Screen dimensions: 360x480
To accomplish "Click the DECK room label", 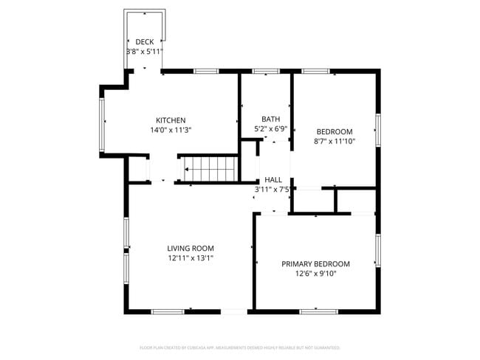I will point(144,42).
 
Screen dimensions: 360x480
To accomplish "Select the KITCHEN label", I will point(170,120).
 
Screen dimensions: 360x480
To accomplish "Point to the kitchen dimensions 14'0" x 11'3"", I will point(170,130).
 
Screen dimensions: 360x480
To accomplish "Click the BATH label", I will point(270,119).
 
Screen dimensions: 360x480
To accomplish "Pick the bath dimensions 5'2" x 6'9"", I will point(270,128).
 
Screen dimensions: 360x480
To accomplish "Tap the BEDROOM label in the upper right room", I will point(335,131).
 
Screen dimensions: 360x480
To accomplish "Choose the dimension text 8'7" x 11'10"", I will point(335,141).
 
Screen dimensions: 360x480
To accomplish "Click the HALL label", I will point(273,179).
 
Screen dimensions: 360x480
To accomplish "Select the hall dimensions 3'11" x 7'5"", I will point(273,190).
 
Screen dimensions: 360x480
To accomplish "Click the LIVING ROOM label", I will point(190,249).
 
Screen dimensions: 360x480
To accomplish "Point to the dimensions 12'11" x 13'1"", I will point(190,258).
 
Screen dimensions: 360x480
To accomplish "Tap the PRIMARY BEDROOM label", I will point(315,263).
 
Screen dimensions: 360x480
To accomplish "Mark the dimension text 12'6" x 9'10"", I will point(315,274).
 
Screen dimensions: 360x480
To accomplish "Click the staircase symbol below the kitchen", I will point(210,168).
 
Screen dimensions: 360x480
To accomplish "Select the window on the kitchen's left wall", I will point(103,121).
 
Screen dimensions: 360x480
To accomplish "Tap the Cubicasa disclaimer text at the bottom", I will point(240,347).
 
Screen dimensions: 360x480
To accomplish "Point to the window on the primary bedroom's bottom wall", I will point(318,311).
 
